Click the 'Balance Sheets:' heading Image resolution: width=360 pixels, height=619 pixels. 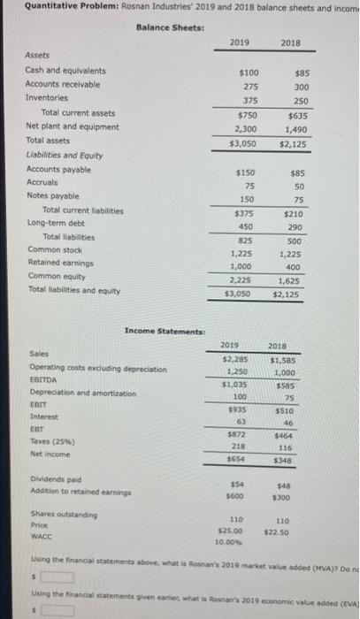pos(170,27)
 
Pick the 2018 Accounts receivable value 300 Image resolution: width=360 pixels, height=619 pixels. pos(302,87)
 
